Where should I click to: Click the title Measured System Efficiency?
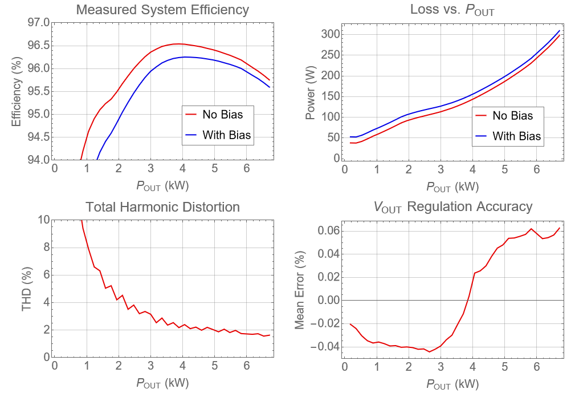click(x=162, y=10)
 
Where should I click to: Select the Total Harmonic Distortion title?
click(x=162, y=206)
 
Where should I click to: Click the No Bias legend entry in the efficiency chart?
click(x=222, y=115)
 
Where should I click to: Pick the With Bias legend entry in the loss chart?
click(x=516, y=136)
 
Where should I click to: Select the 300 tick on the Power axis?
click(x=331, y=34)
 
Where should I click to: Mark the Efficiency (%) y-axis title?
click(x=16, y=91)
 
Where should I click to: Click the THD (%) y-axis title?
click(x=26, y=289)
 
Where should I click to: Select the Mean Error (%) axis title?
click(x=300, y=289)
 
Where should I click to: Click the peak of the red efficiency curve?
click(x=178, y=43)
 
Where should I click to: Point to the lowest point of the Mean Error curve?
click(x=430, y=351)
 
